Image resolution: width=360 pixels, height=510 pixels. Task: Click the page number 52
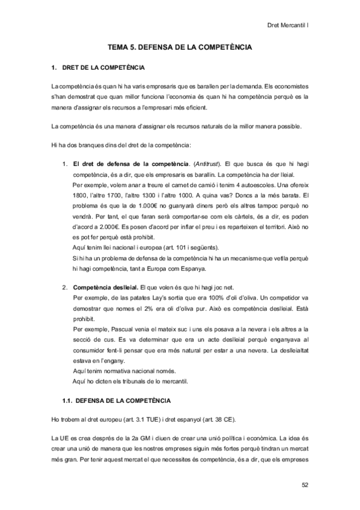tap(305, 484)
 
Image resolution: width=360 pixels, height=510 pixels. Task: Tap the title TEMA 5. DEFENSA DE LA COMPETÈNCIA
tap(180, 46)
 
